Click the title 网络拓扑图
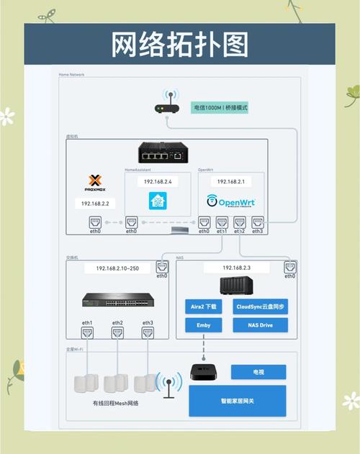(180, 45)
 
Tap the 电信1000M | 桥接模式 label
(220, 107)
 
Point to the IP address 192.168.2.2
(95, 204)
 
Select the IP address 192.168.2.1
(231, 181)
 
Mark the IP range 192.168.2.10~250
(117, 268)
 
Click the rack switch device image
(117, 299)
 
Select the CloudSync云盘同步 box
(261, 306)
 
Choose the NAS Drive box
(261, 325)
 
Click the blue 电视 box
(258, 372)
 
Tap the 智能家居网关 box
(238, 401)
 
